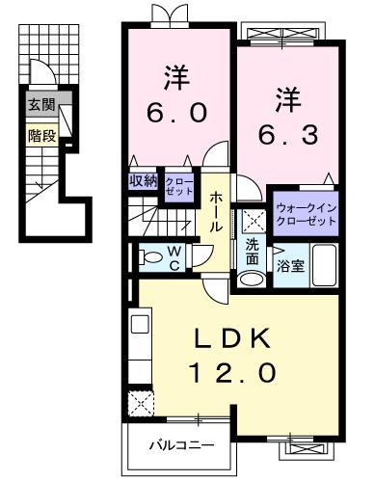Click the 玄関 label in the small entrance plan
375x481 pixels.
point(40,103)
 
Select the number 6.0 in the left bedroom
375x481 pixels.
point(176,112)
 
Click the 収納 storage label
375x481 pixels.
point(144,180)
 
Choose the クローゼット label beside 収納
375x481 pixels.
point(178,185)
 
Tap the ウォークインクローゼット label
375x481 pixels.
point(306,214)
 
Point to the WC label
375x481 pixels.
point(175,258)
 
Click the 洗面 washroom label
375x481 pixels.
point(252,252)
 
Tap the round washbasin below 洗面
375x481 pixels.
point(253,279)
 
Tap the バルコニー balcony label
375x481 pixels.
point(180,445)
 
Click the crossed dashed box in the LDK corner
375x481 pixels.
point(142,401)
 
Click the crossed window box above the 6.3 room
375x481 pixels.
point(286,35)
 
